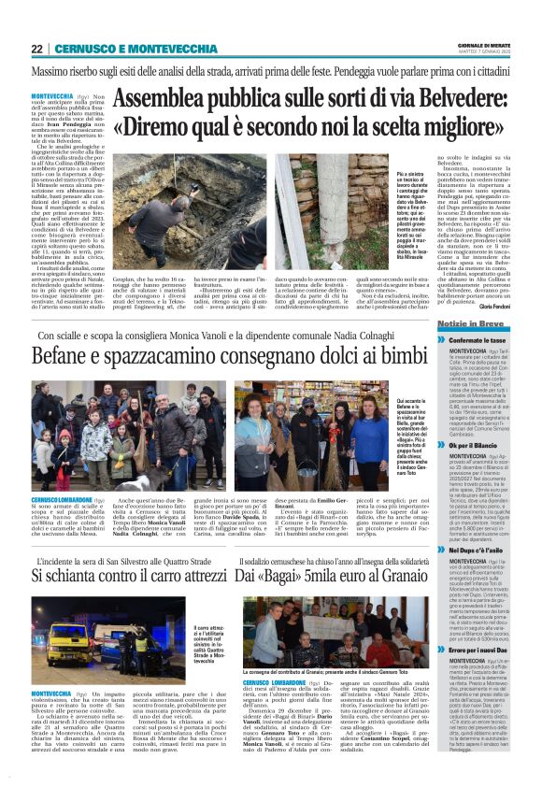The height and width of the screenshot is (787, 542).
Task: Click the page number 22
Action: [36, 49]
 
